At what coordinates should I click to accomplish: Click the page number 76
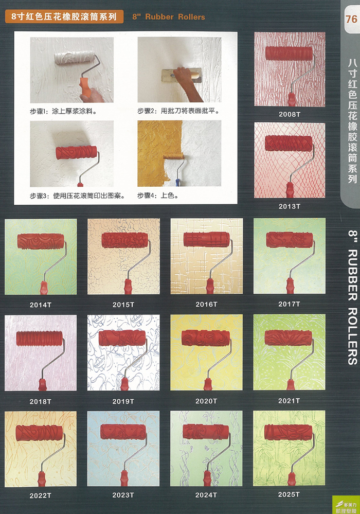(x=351, y=19)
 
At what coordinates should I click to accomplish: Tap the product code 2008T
(x=289, y=114)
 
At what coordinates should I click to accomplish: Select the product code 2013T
(x=289, y=206)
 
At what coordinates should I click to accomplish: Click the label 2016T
(x=206, y=305)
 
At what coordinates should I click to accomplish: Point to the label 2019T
(x=123, y=401)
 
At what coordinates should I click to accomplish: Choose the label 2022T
(x=40, y=495)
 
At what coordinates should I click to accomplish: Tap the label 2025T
(x=289, y=494)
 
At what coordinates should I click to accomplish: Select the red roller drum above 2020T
(x=206, y=338)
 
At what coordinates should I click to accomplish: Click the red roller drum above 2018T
(x=39, y=339)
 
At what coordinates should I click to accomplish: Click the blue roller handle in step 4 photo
(x=177, y=182)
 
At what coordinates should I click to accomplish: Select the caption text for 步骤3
(x=77, y=196)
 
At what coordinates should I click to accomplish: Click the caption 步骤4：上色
(x=158, y=196)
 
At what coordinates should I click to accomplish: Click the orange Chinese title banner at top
(x=64, y=16)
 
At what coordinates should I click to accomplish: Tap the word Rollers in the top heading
(x=192, y=16)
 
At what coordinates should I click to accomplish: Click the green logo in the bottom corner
(x=346, y=505)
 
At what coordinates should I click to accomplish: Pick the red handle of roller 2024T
(x=207, y=479)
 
